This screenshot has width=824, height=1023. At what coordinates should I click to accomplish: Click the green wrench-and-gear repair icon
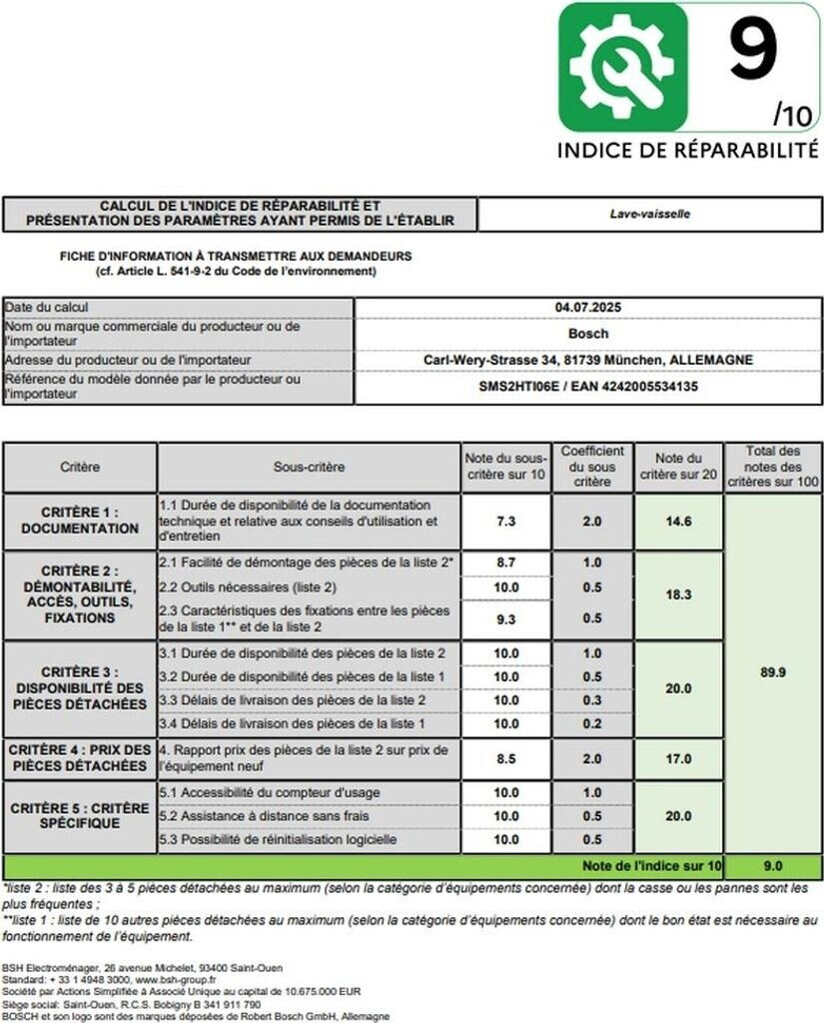622,67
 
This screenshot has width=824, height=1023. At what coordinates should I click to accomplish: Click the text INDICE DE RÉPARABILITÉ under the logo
687,150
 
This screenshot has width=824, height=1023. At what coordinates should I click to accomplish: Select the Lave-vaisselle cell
650,214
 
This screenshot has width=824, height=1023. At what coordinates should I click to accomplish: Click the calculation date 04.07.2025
587,308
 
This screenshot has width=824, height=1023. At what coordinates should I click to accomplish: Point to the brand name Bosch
587,334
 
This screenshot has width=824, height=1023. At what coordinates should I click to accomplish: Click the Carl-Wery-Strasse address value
587,360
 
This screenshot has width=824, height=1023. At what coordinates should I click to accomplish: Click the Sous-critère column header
309,467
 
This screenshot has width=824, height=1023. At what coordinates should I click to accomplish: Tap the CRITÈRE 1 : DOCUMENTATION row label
80,520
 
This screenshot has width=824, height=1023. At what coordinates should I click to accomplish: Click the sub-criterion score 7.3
506,521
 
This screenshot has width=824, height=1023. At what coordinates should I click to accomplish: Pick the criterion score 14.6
679,521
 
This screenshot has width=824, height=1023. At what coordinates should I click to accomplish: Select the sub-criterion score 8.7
506,563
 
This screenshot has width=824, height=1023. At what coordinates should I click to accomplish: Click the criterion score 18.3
679,594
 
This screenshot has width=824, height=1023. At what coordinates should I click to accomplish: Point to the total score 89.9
773,672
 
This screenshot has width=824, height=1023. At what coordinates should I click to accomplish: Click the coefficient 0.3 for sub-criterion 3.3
592,700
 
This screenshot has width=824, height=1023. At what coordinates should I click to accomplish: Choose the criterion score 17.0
679,758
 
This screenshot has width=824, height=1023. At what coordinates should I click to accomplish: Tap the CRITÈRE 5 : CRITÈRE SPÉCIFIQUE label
80,815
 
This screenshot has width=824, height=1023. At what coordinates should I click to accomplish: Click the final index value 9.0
773,865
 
